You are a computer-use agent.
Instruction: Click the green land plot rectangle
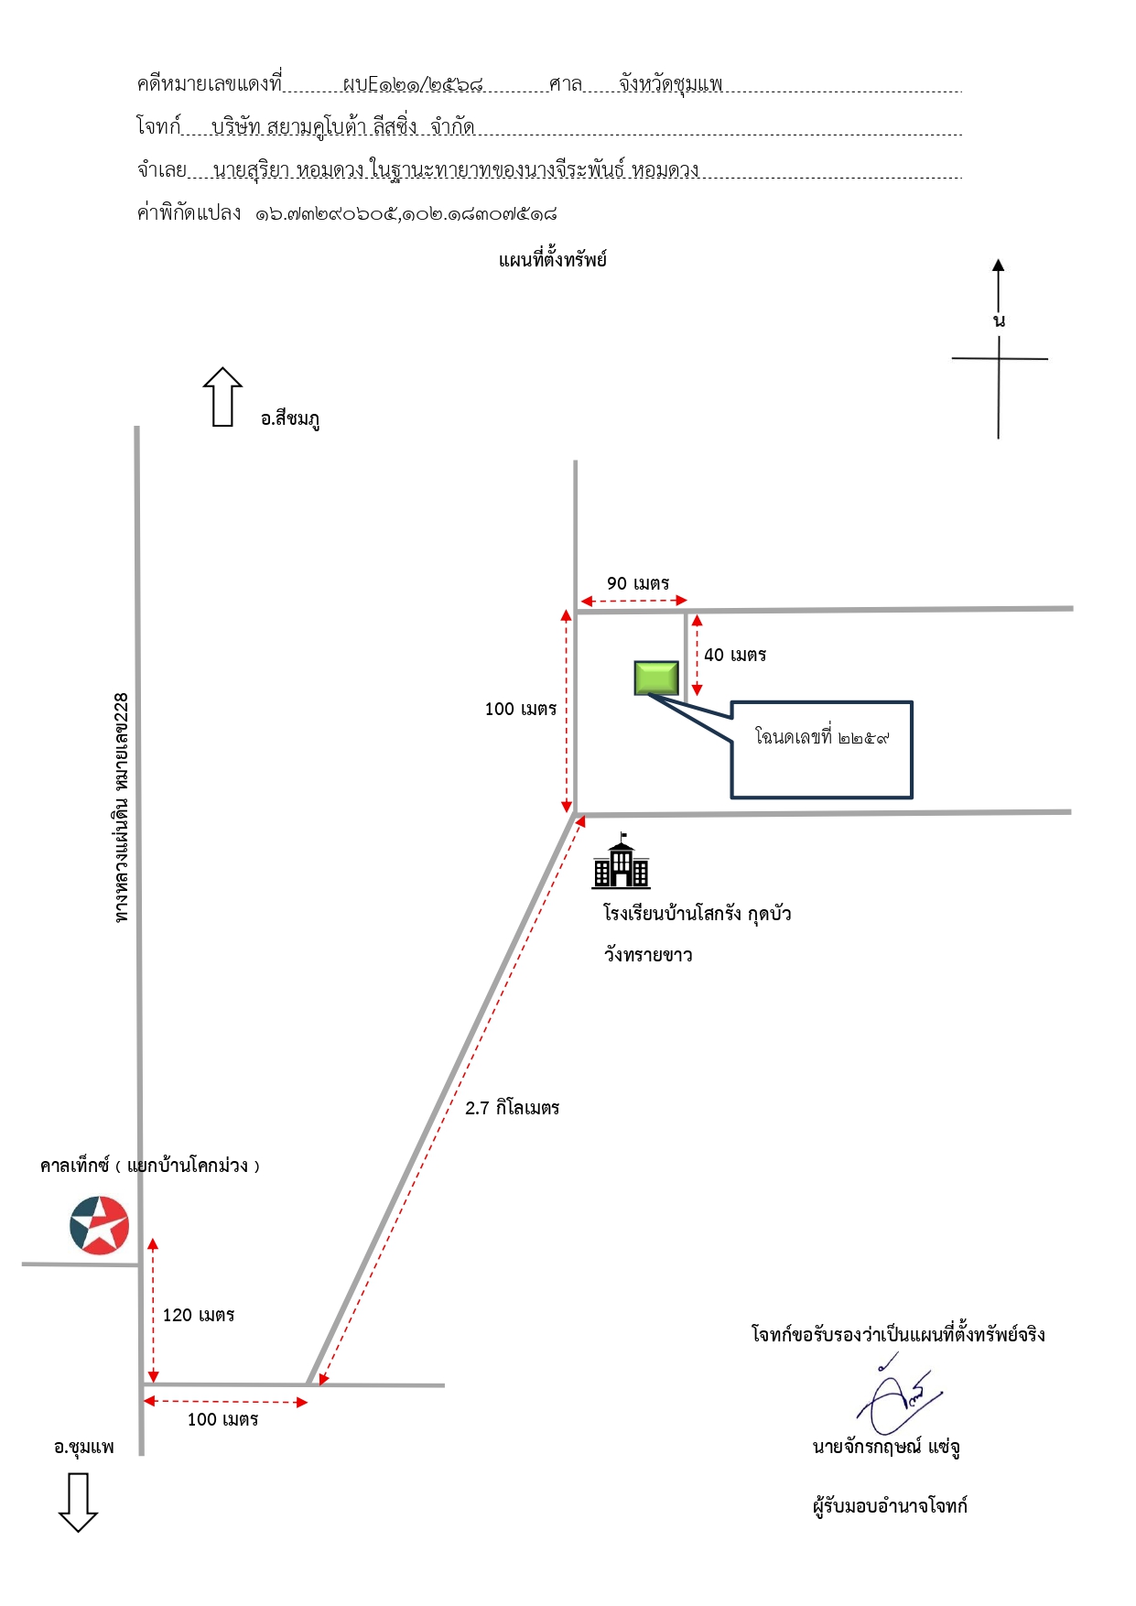(x=656, y=678)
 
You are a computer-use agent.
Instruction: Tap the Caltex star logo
(x=100, y=1225)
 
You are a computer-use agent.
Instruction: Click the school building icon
(x=622, y=861)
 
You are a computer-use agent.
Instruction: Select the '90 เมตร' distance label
(x=638, y=583)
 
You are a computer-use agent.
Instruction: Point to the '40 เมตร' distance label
(x=735, y=655)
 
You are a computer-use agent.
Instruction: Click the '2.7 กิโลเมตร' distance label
(x=512, y=1108)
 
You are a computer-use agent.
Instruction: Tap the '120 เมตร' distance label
(x=199, y=1315)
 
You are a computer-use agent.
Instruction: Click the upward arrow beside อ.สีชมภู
(x=222, y=396)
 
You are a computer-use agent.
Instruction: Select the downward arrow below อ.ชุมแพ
(x=79, y=1503)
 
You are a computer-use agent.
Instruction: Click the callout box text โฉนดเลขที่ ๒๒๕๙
(x=821, y=736)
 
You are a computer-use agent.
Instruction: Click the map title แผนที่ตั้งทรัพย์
(x=553, y=260)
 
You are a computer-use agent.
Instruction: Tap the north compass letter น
(x=999, y=320)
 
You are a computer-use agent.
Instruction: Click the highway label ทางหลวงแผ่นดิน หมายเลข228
(x=122, y=807)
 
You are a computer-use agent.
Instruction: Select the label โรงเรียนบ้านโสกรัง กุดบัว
(x=698, y=914)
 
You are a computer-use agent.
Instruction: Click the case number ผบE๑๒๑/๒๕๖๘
(x=413, y=84)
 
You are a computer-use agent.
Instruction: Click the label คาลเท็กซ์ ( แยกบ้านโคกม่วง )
(x=150, y=1166)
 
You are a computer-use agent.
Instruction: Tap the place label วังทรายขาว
(x=648, y=955)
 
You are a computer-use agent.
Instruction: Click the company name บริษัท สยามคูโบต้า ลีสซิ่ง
(x=315, y=127)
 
